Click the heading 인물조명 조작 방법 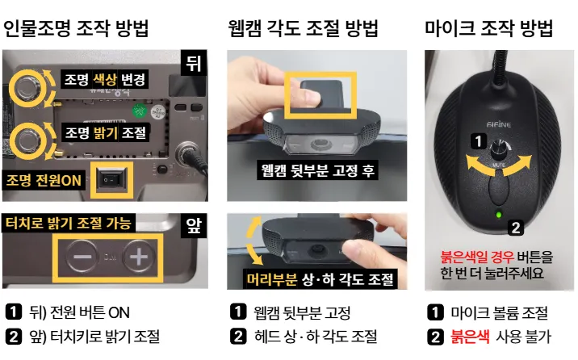pyautogui.click(x=76, y=28)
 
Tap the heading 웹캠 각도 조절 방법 pyautogui.click(x=303, y=28)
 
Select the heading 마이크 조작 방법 pyautogui.click(x=488, y=28)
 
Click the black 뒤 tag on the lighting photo pyautogui.click(x=194, y=63)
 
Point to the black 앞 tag pyautogui.click(x=194, y=225)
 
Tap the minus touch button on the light pyautogui.click(x=82, y=256)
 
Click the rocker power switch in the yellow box pyautogui.click(x=111, y=180)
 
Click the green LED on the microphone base pyautogui.click(x=499, y=215)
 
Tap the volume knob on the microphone pyautogui.click(x=499, y=149)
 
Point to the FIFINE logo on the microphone pyautogui.click(x=499, y=124)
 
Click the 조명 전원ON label pyautogui.click(x=44, y=180)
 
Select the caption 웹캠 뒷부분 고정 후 pyautogui.click(x=317, y=170)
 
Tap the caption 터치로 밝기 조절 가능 pyautogui.click(x=69, y=223)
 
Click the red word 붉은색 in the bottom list pyautogui.click(x=470, y=337)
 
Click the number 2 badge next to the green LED pyautogui.click(x=516, y=228)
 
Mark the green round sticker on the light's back pyautogui.click(x=139, y=110)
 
